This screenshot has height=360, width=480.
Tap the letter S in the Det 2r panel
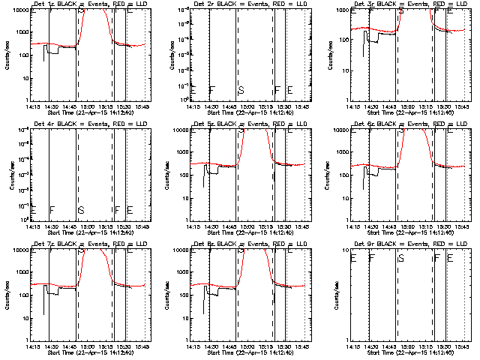click(241, 91)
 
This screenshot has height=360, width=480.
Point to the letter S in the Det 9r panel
click(401, 259)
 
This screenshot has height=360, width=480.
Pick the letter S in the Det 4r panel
click(80, 210)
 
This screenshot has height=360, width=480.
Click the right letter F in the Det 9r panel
click(436, 259)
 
